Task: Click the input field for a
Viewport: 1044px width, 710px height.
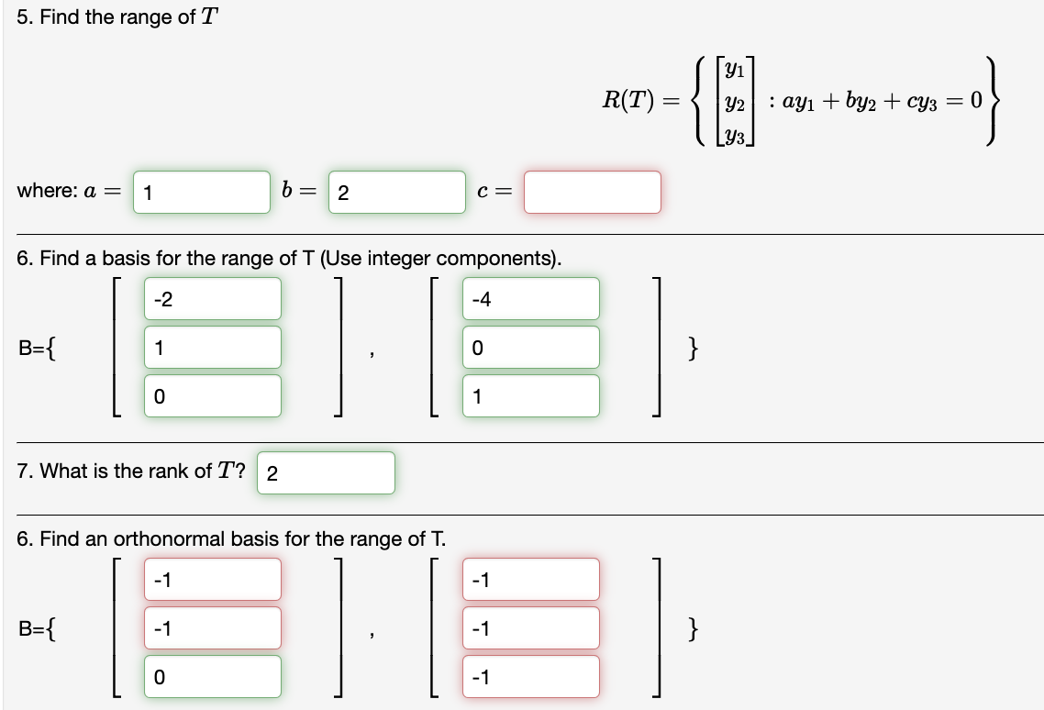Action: (x=202, y=193)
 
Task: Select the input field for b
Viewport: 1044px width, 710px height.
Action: (x=396, y=193)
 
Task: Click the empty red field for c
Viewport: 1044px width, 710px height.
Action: (x=593, y=193)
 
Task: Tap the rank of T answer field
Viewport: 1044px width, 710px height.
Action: (x=326, y=473)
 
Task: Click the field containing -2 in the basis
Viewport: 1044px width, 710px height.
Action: (x=212, y=299)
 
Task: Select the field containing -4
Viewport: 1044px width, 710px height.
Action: (x=531, y=299)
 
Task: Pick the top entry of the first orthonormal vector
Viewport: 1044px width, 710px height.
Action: (x=212, y=580)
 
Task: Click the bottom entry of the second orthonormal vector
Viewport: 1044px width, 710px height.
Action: (x=531, y=677)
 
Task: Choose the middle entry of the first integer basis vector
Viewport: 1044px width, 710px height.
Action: (x=212, y=348)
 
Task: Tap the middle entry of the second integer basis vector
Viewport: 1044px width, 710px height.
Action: (x=531, y=348)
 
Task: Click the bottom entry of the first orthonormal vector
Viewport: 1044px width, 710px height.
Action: (x=212, y=677)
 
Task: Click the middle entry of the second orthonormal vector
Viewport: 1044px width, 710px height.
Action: (x=531, y=628)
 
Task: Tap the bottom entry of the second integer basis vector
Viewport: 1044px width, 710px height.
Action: (x=531, y=396)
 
